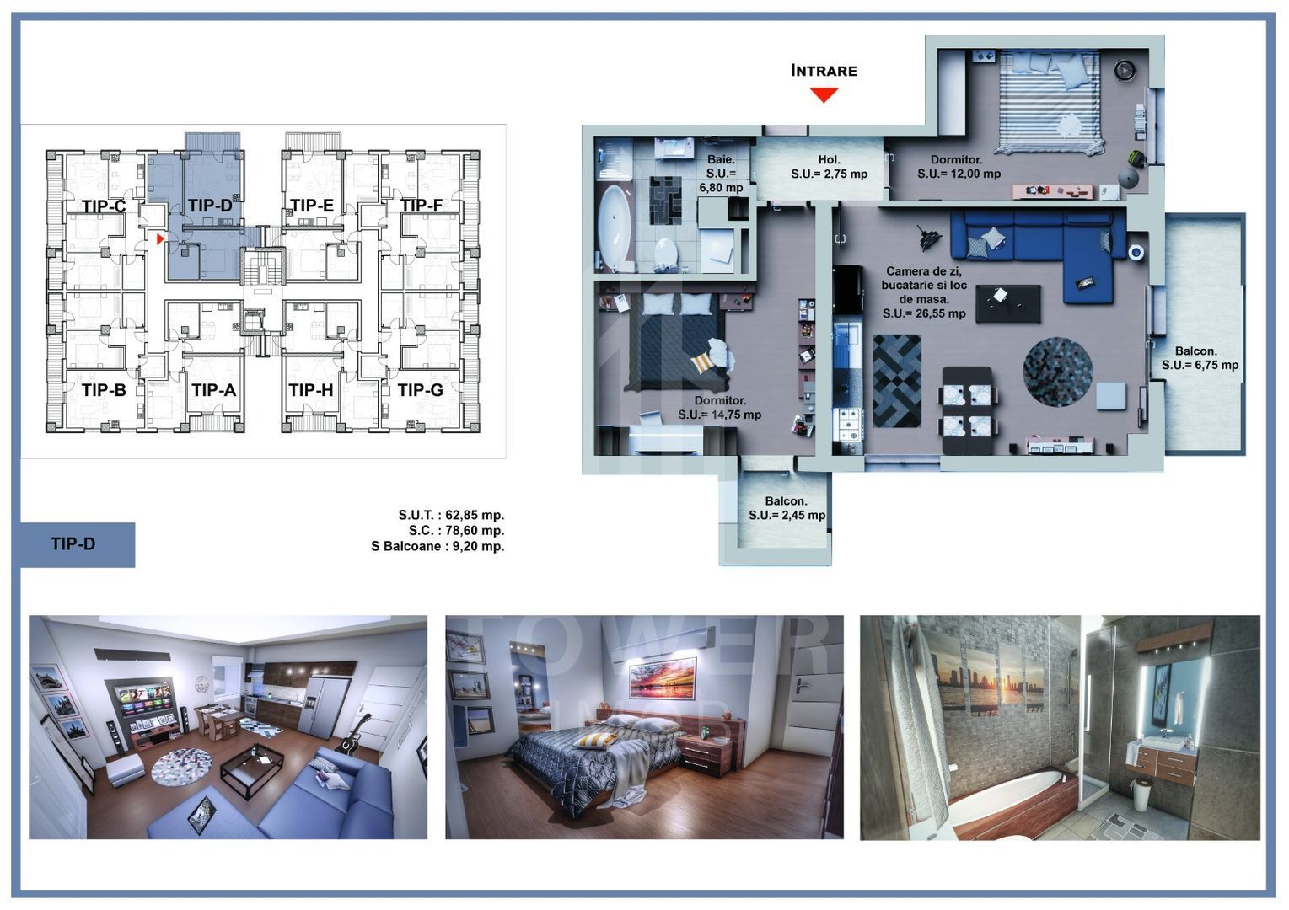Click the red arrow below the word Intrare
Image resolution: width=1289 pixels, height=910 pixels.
pos(824,94)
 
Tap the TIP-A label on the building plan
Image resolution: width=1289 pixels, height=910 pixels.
pos(213,390)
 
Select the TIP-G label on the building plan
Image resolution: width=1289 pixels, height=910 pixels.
pos(420,390)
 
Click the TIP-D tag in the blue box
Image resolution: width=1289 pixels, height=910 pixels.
pos(73,544)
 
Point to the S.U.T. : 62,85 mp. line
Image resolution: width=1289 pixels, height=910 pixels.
pos(451,515)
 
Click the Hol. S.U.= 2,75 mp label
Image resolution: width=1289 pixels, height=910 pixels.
pos(829,167)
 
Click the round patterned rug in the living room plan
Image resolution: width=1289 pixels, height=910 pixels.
pos(1057,372)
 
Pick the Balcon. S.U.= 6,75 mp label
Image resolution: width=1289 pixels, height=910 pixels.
pos(1200,358)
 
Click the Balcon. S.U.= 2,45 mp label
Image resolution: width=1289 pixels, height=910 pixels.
pos(787,508)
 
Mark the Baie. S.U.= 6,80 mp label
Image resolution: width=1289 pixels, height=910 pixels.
pos(722,174)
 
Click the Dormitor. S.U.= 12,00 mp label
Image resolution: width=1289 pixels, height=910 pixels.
pos(959,167)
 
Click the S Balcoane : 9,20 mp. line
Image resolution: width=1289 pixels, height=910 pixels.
pos(438,546)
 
